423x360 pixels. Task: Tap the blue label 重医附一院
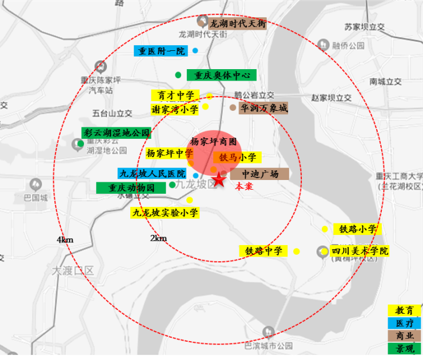click(160, 51)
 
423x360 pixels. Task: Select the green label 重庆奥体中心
click(222, 75)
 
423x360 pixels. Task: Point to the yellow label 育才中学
click(175, 95)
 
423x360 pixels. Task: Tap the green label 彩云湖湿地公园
click(116, 133)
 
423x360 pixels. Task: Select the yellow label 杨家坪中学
click(169, 153)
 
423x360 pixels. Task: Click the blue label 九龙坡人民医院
click(152, 173)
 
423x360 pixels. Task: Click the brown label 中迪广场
click(260, 174)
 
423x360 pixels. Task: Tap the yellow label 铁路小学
click(358, 229)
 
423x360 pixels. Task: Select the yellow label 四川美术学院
click(360, 251)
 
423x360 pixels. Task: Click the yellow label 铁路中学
click(264, 251)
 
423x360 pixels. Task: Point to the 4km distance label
click(65, 240)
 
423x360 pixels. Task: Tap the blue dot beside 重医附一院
click(195, 51)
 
